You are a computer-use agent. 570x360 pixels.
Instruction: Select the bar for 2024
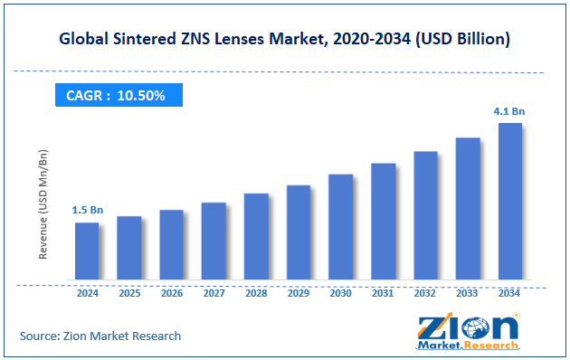point(87,251)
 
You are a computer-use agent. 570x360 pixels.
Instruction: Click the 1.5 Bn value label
point(88,210)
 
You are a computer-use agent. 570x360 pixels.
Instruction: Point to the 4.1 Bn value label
point(510,111)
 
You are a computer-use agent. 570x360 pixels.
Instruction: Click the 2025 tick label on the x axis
point(129,293)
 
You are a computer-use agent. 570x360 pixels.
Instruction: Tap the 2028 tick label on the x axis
point(256,293)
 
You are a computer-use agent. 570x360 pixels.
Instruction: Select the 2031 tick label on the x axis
point(384,293)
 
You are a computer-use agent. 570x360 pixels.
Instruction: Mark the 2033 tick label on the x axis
point(468,293)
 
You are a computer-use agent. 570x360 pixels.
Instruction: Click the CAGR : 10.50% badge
point(115,94)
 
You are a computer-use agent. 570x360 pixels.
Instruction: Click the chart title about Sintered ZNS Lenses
point(285,40)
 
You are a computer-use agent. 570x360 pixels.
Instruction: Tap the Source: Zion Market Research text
point(100,336)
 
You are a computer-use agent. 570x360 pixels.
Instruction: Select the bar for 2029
point(299,232)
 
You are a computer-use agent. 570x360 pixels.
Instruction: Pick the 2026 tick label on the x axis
point(172,293)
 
